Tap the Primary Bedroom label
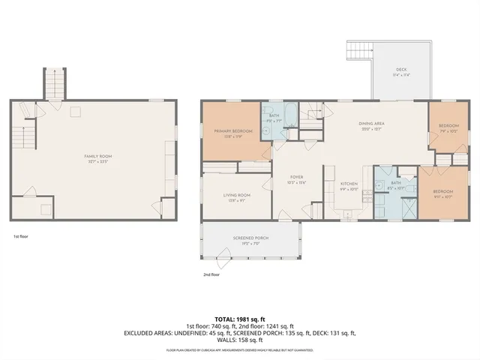pos(232,133)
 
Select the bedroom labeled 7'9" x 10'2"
pos(448,127)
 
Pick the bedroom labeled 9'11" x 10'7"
pos(442,194)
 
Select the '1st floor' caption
pos(20,235)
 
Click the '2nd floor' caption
pos(211,274)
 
